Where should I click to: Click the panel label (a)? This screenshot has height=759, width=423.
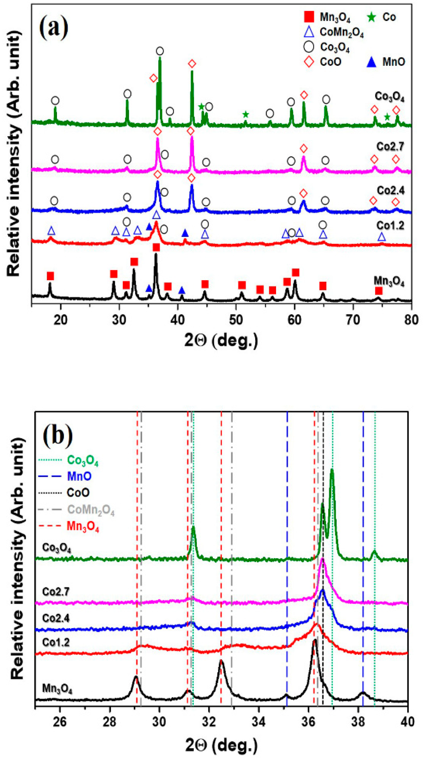[54, 27]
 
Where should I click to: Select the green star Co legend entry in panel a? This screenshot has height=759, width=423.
[372, 17]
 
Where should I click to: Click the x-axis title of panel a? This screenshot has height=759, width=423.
[221, 341]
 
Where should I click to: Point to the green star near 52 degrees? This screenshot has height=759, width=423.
[245, 115]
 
